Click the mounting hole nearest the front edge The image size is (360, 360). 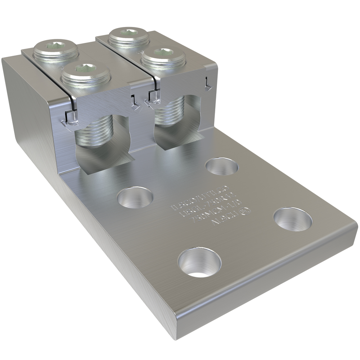[199, 262]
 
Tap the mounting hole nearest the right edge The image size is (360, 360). [292, 219]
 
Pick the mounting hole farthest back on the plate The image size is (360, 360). [222, 166]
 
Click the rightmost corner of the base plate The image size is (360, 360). [356, 227]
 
